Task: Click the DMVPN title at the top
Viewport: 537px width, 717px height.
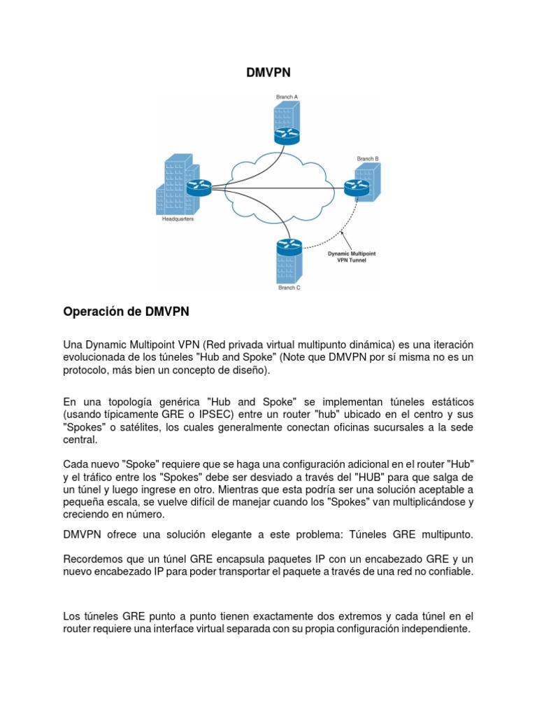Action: [x=268, y=72]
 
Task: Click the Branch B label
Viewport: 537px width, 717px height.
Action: [x=367, y=159]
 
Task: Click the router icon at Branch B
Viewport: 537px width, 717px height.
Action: [x=356, y=186]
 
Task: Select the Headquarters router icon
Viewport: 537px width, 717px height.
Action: [x=198, y=187]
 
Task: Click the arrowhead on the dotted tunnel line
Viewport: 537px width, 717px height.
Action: [x=342, y=232]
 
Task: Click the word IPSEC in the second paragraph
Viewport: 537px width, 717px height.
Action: [x=236, y=415]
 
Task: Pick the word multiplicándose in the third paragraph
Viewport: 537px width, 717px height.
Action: [x=414, y=502]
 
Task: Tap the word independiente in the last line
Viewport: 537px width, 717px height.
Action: [x=434, y=629]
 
